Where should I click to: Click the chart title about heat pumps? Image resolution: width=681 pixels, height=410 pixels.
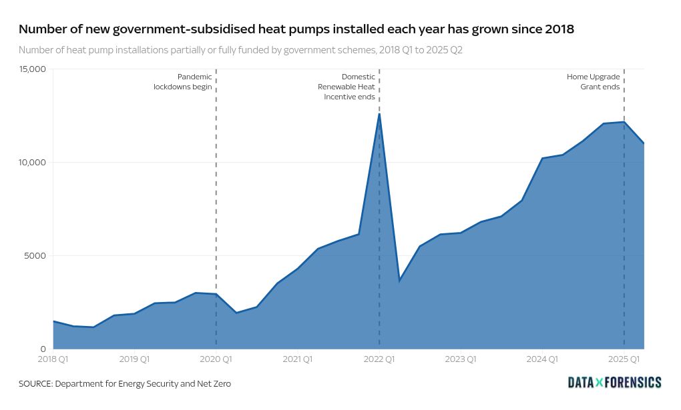pyautogui.click(x=296, y=29)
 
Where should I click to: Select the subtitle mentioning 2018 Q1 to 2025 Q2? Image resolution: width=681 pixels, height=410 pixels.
pyautogui.click(x=240, y=50)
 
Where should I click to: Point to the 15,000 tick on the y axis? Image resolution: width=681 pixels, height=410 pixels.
pyautogui.click(x=32, y=69)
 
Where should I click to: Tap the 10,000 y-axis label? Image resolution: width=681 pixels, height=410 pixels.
pyautogui.click(x=32, y=163)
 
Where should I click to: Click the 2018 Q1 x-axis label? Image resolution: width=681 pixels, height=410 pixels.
pyautogui.click(x=53, y=359)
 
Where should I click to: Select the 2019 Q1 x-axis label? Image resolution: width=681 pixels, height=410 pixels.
pyautogui.click(x=135, y=359)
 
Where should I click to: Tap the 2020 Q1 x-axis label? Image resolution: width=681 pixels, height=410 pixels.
pyautogui.click(x=216, y=359)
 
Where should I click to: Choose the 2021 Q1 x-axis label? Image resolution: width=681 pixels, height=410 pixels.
pyautogui.click(x=298, y=359)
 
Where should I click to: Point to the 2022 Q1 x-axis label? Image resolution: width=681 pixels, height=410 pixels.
pyautogui.click(x=379, y=359)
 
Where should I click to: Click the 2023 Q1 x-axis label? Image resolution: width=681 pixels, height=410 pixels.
pyautogui.click(x=461, y=359)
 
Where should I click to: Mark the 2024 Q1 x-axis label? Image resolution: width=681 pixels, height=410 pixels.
pyautogui.click(x=542, y=359)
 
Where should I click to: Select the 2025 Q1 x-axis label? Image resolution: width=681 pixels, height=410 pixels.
pyautogui.click(x=624, y=359)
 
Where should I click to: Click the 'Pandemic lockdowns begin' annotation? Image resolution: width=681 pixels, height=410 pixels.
pyautogui.click(x=183, y=81)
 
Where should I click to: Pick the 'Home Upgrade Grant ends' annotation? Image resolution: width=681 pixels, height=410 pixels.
pyautogui.click(x=594, y=81)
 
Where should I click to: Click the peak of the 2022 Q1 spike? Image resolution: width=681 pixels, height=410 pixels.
pyautogui.click(x=379, y=114)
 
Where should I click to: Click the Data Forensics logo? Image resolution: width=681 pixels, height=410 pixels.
pyautogui.click(x=614, y=382)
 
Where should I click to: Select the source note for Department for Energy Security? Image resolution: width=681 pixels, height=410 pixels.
pyautogui.click(x=125, y=384)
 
